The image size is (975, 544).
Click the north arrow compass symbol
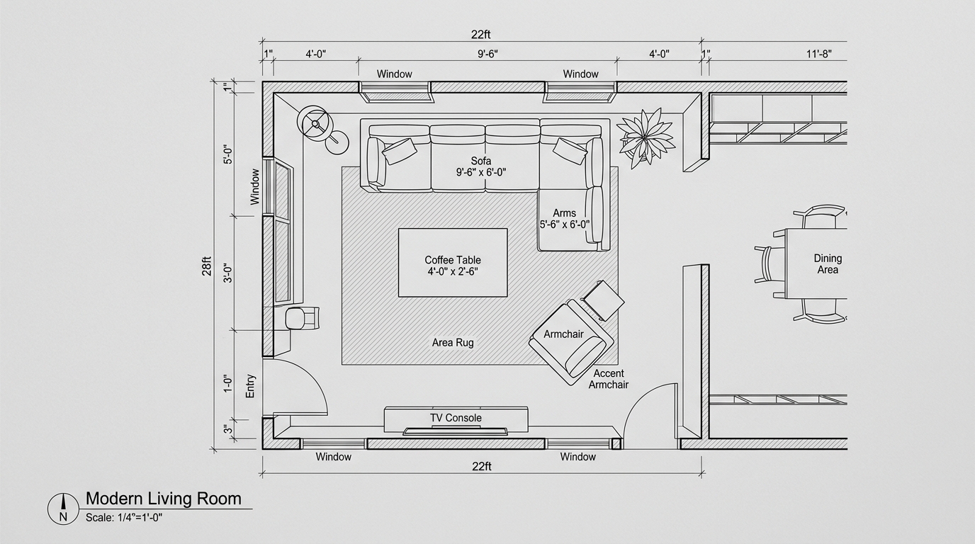63,509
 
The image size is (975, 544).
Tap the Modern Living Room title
163,499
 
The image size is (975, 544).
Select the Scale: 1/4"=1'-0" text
124,518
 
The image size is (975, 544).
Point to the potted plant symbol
646,138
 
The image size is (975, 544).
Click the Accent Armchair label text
609,379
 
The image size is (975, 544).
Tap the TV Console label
456,418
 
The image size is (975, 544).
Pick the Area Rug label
453,343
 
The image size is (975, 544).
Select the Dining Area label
828,263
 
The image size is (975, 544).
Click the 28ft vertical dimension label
206,266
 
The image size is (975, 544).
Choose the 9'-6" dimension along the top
487,54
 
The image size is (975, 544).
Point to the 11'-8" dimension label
818,54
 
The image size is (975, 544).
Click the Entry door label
250,386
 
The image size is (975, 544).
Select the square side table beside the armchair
604,300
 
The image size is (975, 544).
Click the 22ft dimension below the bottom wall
481,467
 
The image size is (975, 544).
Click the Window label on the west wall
254,187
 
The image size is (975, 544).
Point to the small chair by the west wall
302,318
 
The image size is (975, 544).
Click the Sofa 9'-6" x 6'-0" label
481,166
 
